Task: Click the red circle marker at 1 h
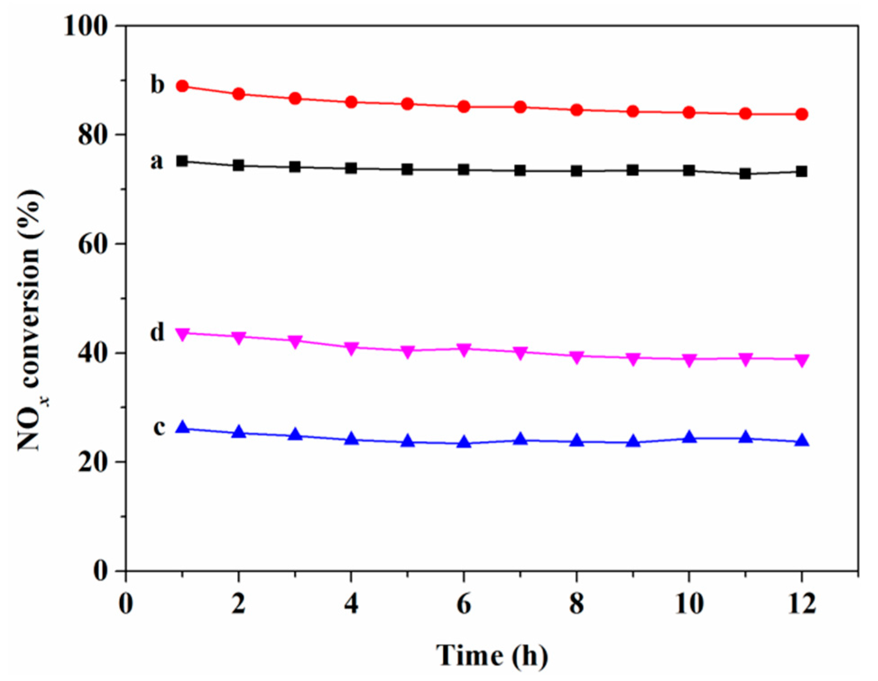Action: click(182, 86)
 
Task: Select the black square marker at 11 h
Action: click(745, 174)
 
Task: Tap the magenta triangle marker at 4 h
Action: click(351, 348)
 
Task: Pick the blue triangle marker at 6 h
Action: click(464, 443)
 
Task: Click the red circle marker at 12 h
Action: click(802, 114)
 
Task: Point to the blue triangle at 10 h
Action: click(689, 437)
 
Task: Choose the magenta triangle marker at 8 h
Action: click(577, 357)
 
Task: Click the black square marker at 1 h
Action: click(182, 161)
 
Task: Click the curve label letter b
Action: click(157, 84)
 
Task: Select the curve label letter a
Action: click(156, 161)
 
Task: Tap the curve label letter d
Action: click(157, 332)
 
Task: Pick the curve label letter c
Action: click(159, 427)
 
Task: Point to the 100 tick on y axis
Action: click(87, 26)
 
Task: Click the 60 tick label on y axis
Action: click(93, 244)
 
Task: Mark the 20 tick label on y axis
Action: click(93, 462)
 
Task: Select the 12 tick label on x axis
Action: click(802, 603)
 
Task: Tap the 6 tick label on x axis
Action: click(464, 603)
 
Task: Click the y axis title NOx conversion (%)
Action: click(31, 320)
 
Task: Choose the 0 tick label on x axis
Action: click(126, 603)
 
